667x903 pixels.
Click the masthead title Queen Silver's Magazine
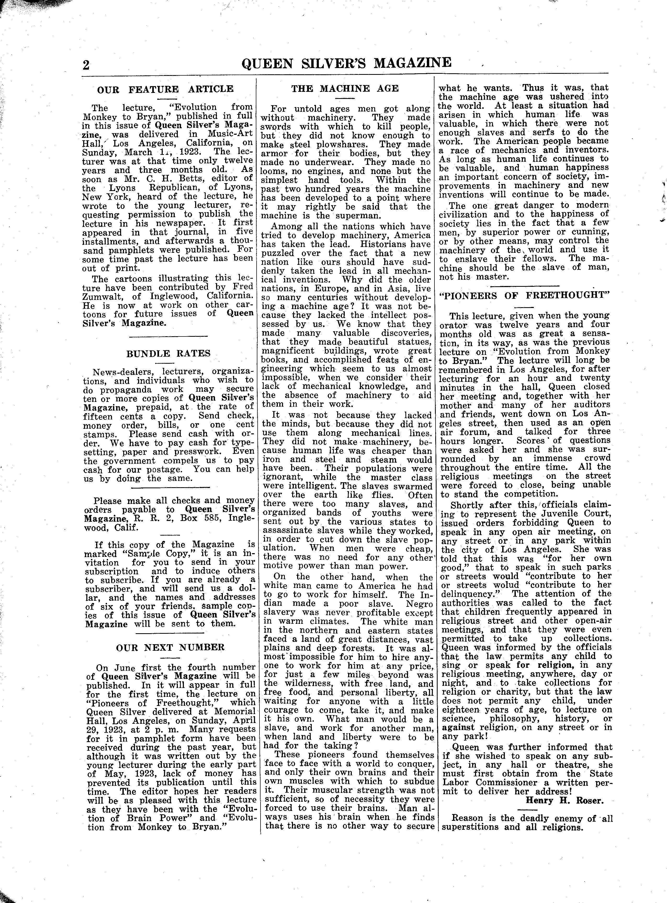pyautogui.click(x=346, y=63)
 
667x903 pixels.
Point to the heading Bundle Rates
pyautogui.click(x=168, y=353)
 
